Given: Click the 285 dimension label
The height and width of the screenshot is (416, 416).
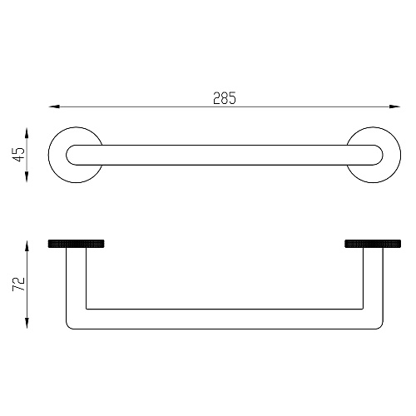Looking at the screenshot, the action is (x=225, y=98).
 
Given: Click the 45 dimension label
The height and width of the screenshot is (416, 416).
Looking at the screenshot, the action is (x=20, y=155).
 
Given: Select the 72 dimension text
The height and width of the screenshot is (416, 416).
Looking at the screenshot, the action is (x=19, y=284).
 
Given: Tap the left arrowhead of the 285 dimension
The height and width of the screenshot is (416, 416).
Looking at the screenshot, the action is (x=54, y=106).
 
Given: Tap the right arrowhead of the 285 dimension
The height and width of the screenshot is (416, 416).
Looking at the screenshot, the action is (x=394, y=106).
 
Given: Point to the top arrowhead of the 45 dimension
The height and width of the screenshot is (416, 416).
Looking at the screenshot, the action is (x=27, y=133).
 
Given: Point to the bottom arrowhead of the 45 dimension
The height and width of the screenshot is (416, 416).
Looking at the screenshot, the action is (x=27, y=176).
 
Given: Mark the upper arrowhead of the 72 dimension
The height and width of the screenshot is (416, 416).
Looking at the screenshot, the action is (x=27, y=245).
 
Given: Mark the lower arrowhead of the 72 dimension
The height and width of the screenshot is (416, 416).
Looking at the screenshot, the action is (x=27, y=323).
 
